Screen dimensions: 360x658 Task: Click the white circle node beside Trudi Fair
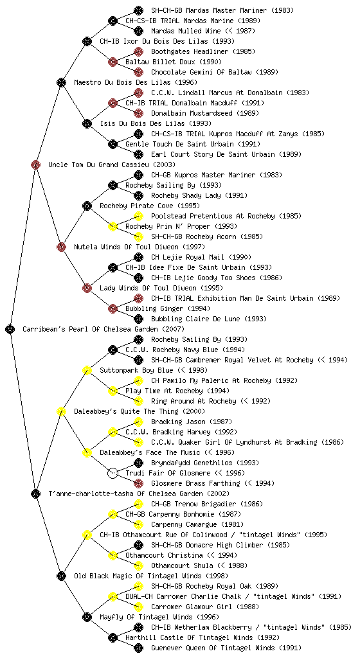(x=113, y=473)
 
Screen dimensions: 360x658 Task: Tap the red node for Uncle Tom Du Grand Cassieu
(x=35, y=164)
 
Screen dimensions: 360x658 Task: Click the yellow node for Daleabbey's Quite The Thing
(x=61, y=411)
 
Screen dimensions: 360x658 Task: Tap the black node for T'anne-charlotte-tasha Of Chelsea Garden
(x=35, y=493)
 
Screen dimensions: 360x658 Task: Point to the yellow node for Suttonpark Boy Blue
(x=87, y=370)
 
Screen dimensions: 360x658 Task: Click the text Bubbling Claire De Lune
(x=195, y=319)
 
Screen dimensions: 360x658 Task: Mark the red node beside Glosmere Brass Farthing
(x=138, y=483)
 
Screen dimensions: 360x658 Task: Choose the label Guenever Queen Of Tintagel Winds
(x=213, y=648)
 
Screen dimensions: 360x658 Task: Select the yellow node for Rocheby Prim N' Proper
(x=113, y=226)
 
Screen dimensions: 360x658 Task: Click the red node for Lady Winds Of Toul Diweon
(x=87, y=288)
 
